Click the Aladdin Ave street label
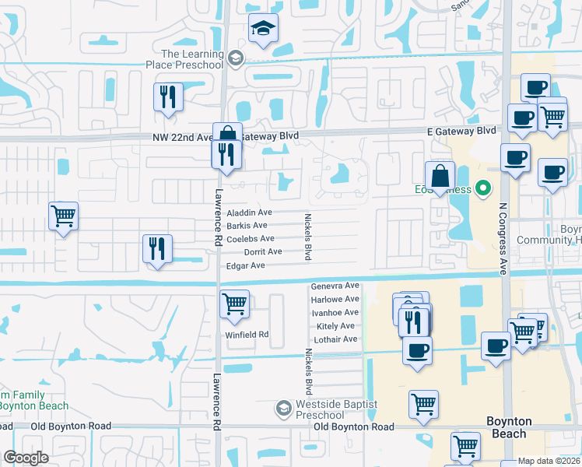pos(249,212)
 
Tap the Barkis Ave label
pos(247,226)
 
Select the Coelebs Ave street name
pos(250,239)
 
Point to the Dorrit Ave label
pos(263,252)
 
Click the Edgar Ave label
pos(246,266)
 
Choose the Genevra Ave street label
pos(335,286)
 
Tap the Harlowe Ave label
pos(335,299)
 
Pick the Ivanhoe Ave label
pos(335,312)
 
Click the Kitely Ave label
pos(336,326)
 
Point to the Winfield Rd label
pos(247,335)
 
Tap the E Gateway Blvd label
pos(460,131)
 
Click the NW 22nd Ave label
pos(183,137)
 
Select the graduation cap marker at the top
pos(263,29)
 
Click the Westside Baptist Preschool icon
pos(284,408)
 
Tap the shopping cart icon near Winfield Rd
pos(234,304)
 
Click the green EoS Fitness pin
pos(483,188)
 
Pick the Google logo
pos(26,458)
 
